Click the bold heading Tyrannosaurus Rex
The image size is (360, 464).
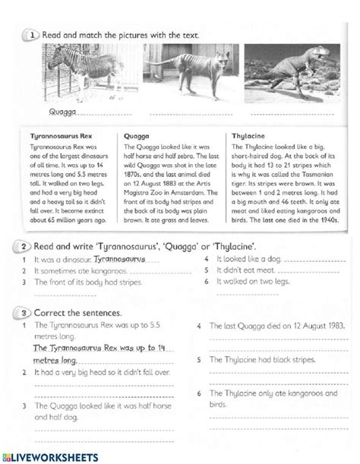[x=60, y=136]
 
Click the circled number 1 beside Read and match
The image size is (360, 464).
[x=30, y=34]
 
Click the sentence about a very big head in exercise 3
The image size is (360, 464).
[x=95, y=373]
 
